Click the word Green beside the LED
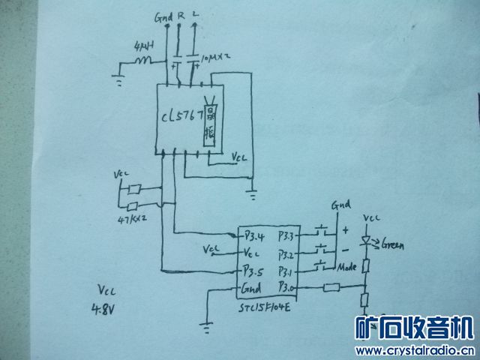point(394,244)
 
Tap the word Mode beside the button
point(347,267)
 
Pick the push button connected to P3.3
point(322,228)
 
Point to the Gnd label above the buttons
point(342,204)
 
